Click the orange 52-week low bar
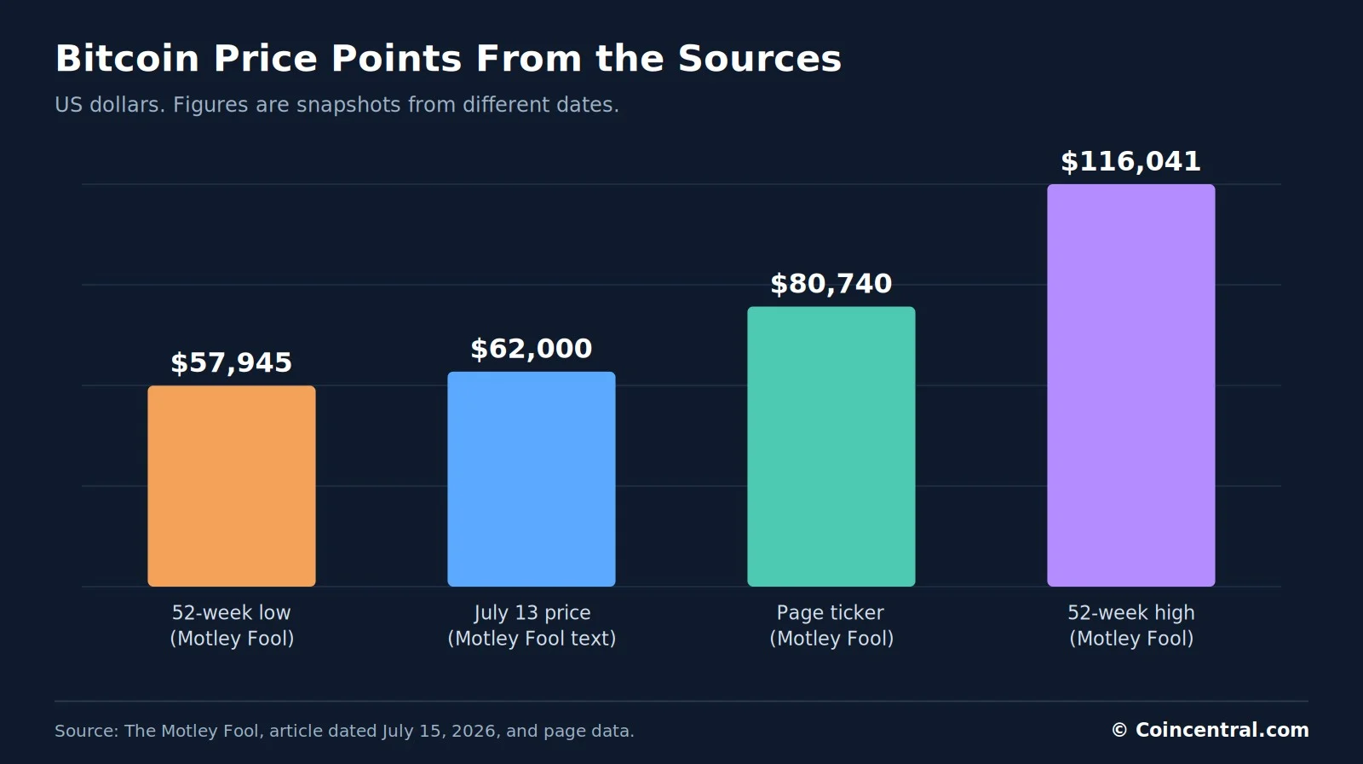[231, 485]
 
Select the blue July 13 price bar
[532, 479]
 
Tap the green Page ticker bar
[831, 447]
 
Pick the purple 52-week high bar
[1131, 385]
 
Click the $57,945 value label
[231, 362]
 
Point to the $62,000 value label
[532, 349]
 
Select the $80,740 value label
[831, 284]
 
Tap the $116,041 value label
[1131, 161]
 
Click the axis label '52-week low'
[231, 612]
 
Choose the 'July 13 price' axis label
[532, 613]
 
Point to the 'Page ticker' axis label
[831, 613]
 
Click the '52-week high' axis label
[1131, 613]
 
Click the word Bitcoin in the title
[127, 59]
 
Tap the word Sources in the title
[759, 59]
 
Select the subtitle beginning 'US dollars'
[336, 105]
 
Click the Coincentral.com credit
[1222, 730]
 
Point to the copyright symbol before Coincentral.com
[1119, 730]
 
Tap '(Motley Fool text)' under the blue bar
[532, 639]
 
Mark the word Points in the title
[395, 59]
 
